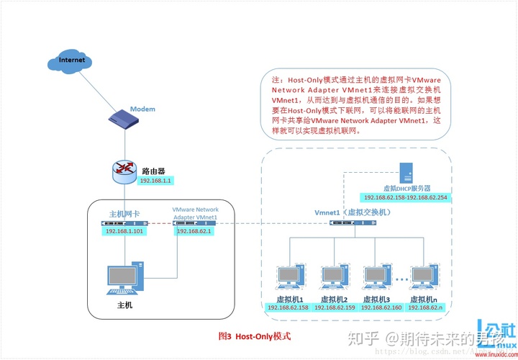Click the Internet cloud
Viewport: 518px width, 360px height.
(x=72, y=60)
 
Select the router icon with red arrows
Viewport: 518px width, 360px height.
(x=125, y=170)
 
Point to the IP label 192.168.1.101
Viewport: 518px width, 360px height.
(x=124, y=231)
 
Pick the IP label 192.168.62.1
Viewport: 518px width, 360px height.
(x=193, y=231)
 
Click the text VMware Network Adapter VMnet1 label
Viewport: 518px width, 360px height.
(x=195, y=212)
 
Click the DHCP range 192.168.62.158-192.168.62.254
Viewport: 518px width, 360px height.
(x=405, y=197)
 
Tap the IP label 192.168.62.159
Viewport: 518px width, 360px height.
(x=333, y=308)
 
